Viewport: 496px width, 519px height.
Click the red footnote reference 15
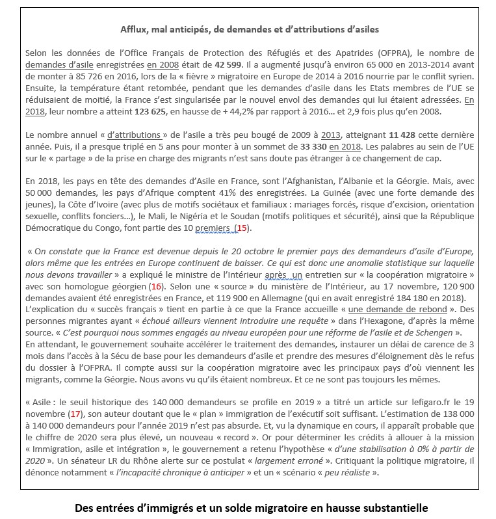tap(242, 228)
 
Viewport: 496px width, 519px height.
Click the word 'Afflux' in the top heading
tap(135, 29)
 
